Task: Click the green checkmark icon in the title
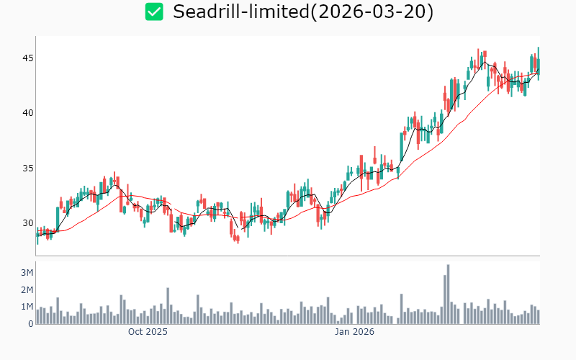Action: click(154, 12)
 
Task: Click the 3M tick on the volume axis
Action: click(27, 273)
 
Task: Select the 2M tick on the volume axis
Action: click(27, 290)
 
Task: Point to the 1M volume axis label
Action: click(27, 307)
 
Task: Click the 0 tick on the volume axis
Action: click(30, 324)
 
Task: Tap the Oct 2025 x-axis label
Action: click(148, 332)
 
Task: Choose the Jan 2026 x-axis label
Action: click(354, 332)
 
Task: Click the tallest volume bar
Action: click(448, 294)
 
